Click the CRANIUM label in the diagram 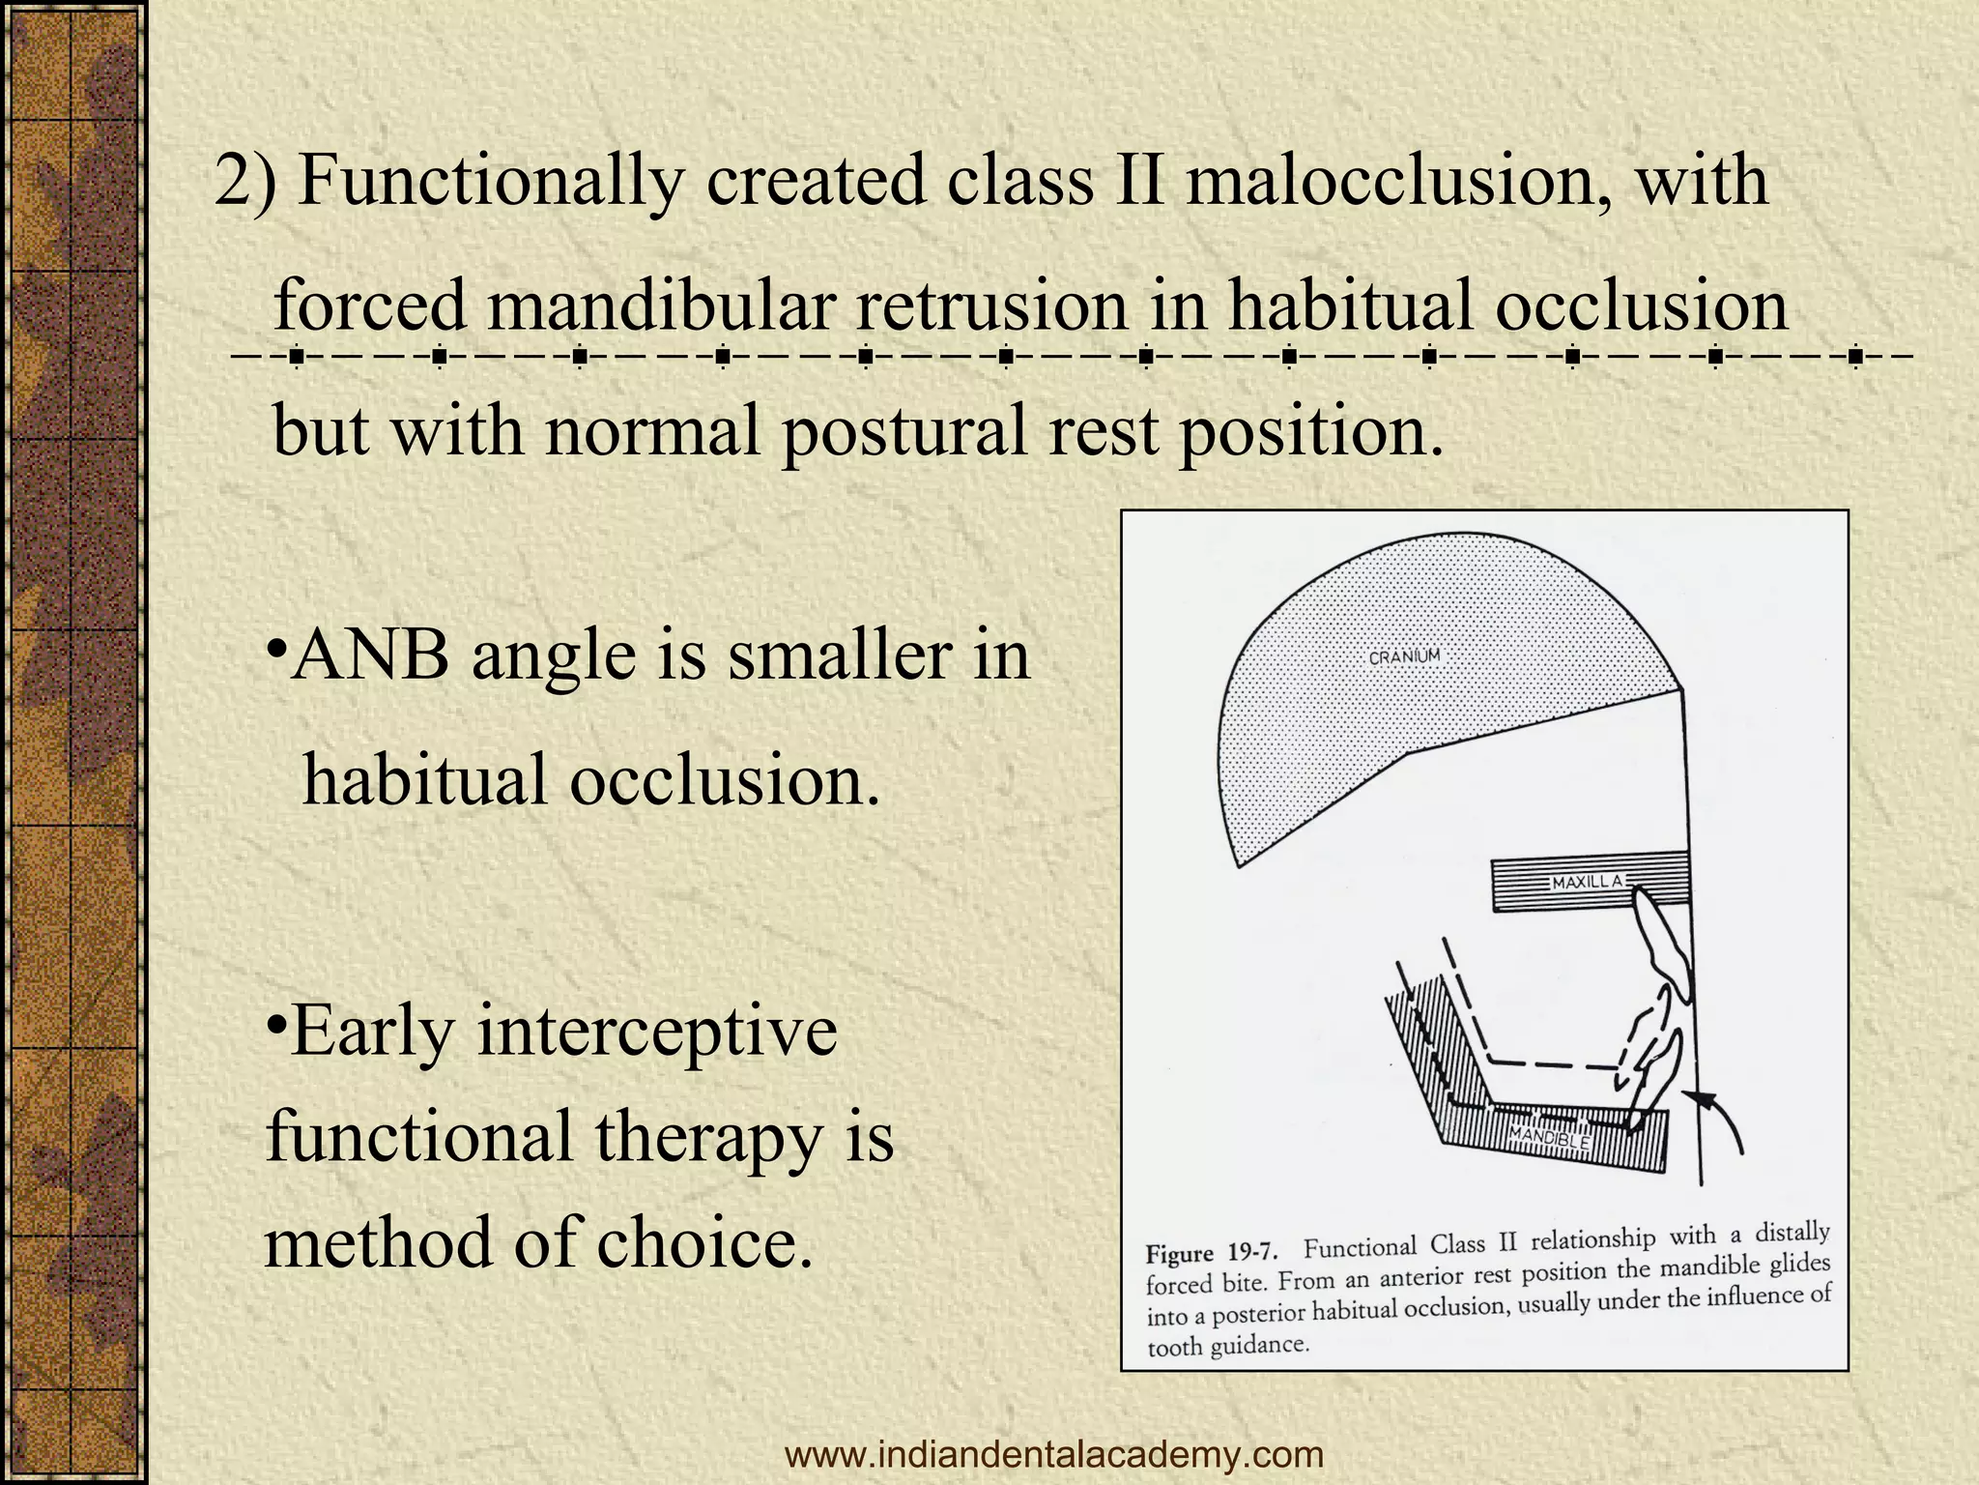tap(1404, 656)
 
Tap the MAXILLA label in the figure tap(1587, 882)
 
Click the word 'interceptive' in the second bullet tap(657, 1031)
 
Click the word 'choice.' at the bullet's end tap(703, 1243)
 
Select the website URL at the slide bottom tap(1054, 1453)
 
